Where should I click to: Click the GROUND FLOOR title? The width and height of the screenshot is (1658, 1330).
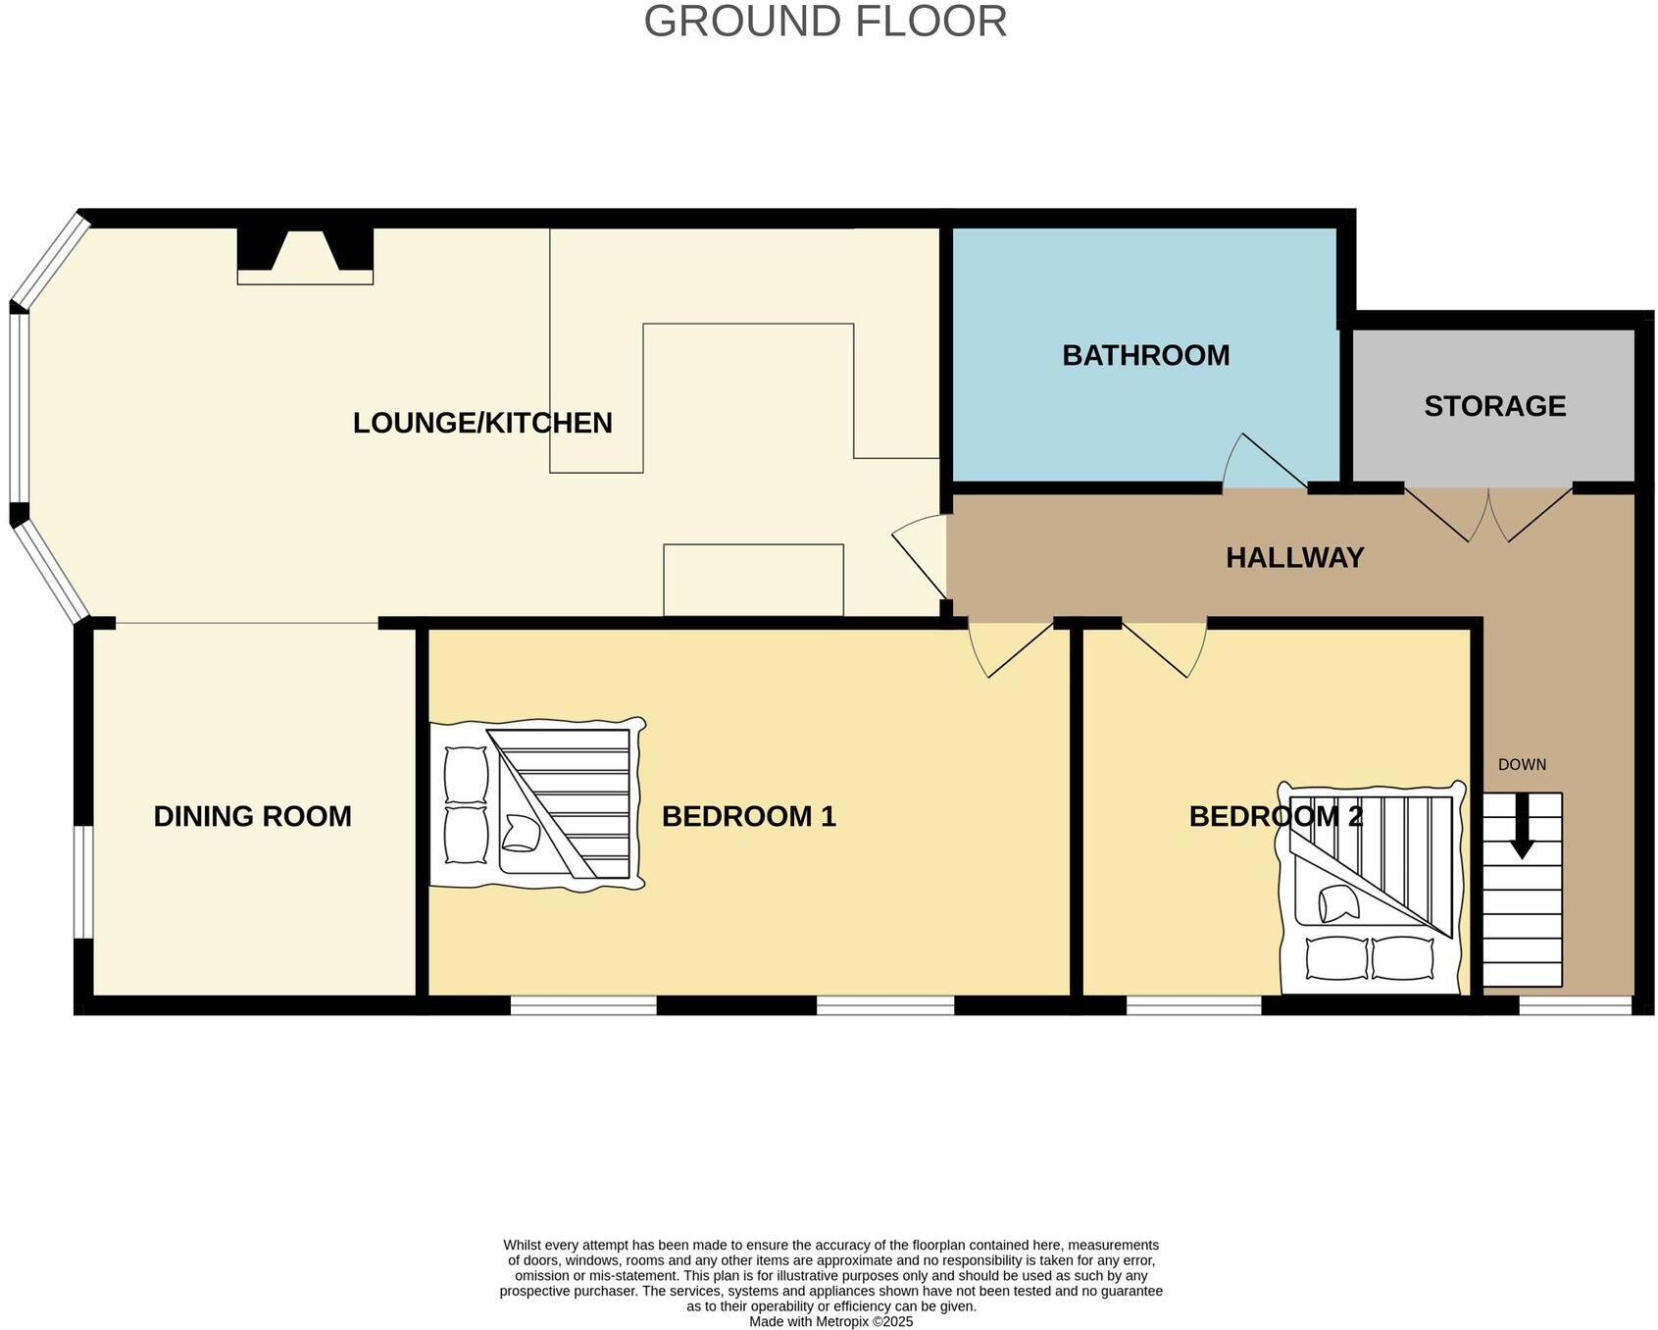coord(825,22)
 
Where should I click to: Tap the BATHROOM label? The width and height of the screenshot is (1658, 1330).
coord(1145,355)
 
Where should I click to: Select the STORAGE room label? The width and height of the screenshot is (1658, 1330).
coord(1494,406)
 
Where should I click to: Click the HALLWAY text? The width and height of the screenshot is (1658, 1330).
coord(1294,558)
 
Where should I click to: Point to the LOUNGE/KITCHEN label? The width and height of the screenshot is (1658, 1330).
coord(482,423)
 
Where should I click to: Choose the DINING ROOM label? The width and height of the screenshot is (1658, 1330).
coord(252,816)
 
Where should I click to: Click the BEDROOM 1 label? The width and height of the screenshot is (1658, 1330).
coord(748,816)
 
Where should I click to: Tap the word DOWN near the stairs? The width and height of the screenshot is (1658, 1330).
coord(1522,765)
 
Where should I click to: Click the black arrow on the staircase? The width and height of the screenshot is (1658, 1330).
coord(1522,826)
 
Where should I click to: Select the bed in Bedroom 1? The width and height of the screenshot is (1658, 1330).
coord(536,804)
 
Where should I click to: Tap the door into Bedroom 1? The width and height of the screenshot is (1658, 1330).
coord(1010,647)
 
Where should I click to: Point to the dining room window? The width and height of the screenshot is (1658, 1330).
coord(84,882)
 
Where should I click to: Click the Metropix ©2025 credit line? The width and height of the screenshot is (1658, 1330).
coord(830,1321)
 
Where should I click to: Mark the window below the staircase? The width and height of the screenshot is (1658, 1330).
coord(1575,1005)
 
